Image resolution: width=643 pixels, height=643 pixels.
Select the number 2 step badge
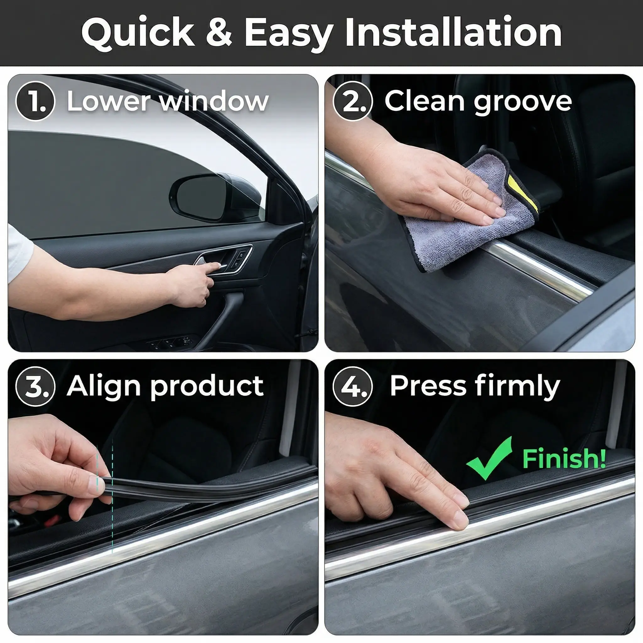click(x=353, y=101)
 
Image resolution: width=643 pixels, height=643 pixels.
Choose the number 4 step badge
click(x=353, y=386)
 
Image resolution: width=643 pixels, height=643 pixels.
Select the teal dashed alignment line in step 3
click(x=112, y=496)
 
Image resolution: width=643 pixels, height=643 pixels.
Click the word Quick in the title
click(x=138, y=32)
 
